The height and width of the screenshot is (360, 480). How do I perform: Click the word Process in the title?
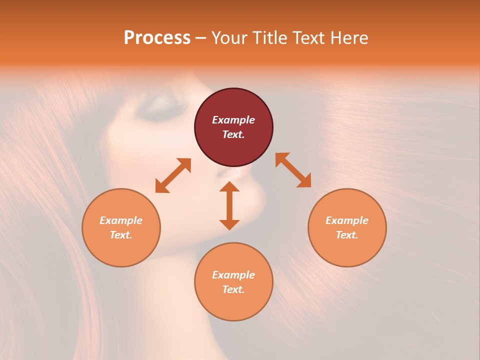click(157, 38)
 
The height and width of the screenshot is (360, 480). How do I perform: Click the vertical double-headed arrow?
click(229, 205)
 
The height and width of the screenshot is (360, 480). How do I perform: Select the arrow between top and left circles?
click(173, 175)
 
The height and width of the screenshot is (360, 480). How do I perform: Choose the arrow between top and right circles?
click(293, 170)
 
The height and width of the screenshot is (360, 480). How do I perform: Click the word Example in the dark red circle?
click(233, 120)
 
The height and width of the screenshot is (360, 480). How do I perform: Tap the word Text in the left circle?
click(120, 235)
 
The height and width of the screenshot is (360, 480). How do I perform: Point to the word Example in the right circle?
click(347, 220)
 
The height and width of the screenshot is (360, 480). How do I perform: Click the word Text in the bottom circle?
click(233, 289)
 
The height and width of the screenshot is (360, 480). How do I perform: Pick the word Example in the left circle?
click(121, 220)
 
